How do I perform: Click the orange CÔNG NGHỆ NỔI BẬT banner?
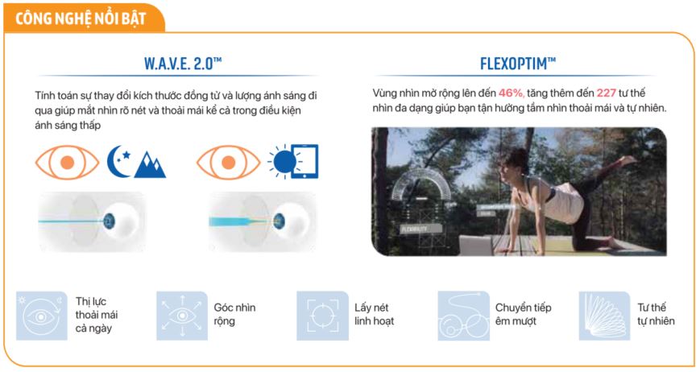[81, 17]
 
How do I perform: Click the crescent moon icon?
[118, 160]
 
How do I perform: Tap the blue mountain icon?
[150, 164]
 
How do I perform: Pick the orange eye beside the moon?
[67, 161]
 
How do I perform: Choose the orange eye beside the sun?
[229, 161]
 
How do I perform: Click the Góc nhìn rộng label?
[234, 314]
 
